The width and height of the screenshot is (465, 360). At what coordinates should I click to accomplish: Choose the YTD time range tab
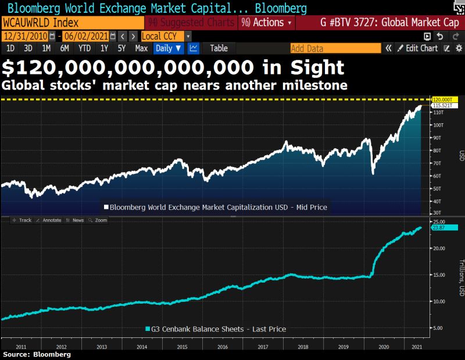click(84, 48)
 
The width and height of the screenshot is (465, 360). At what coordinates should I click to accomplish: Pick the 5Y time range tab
click(121, 48)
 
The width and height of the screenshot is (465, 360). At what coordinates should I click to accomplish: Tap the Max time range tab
click(141, 48)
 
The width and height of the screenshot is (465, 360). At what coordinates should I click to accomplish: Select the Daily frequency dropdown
click(169, 48)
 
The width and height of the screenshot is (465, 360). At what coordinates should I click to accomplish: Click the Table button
click(219, 48)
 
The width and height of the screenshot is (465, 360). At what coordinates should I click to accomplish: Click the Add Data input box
click(335, 48)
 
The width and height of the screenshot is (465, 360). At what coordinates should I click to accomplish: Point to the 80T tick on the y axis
click(437, 151)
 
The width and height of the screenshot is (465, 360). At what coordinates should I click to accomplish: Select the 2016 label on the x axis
click(222, 346)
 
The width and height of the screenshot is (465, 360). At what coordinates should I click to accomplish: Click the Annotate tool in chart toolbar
click(49, 220)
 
